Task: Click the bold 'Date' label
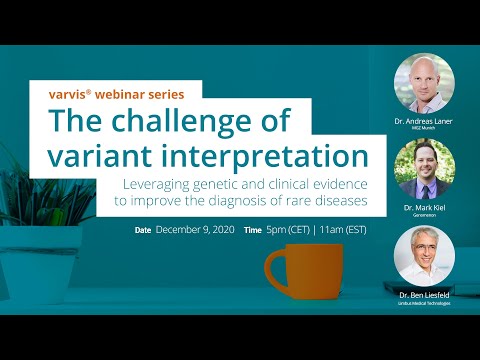pyautogui.click(x=143, y=230)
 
